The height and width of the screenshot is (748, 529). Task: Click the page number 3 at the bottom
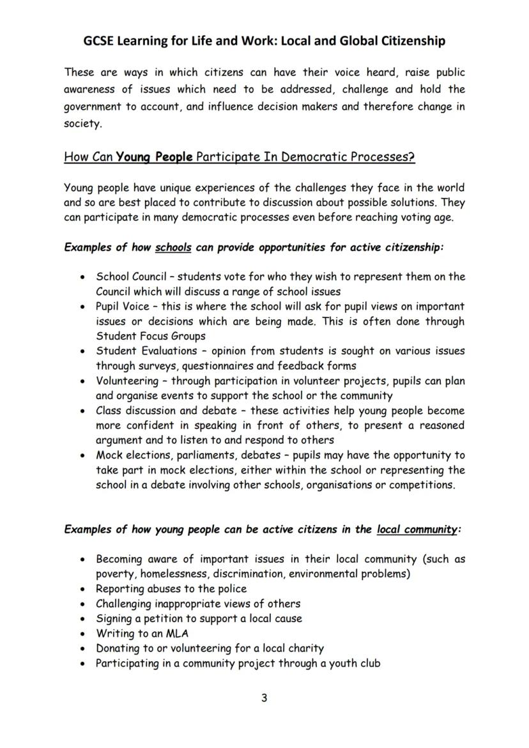point(264,698)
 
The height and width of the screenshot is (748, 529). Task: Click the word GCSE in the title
point(101,41)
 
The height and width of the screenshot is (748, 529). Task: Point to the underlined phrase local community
point(417,529)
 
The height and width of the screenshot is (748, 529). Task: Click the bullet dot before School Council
point(83,278)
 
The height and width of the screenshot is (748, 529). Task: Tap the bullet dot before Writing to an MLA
point(83,634)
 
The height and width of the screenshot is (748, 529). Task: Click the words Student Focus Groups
point(151,336)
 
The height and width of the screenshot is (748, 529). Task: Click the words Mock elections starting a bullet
point(131,455)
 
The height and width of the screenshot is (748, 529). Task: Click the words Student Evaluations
point(146,351)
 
